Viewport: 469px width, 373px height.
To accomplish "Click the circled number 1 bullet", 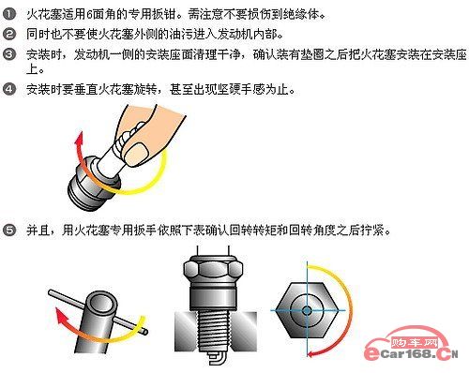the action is point(9,14).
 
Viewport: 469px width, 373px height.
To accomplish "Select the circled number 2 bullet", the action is point(9,34).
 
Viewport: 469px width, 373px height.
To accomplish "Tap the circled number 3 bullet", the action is point(9,54).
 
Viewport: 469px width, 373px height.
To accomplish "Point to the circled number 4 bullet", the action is point(9,89).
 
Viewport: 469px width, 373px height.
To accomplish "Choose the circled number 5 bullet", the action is point(9,231).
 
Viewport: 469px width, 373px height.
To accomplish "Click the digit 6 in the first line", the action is point(89,15).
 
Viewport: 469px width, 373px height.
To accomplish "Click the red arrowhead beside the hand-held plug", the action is point(79,139).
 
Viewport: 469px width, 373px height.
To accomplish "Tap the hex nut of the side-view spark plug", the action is point(213,269).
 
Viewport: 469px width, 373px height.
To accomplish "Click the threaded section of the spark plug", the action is point(214,332).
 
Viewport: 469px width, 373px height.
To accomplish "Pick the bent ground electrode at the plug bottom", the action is point(217,358).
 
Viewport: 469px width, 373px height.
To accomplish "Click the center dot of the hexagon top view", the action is point(307,310).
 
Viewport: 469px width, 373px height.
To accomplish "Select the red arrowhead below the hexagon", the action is point(313,353).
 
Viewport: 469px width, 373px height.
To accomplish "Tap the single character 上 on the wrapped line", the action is point(33,69).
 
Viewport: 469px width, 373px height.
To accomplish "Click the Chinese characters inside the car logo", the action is point(414,343).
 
